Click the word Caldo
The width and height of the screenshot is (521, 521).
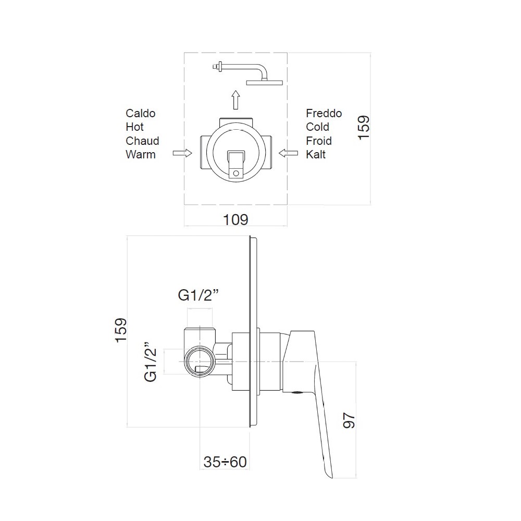pyautogui.click(x=141, y=113)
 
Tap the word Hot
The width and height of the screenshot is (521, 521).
pyautogui.click(x=134, y=127)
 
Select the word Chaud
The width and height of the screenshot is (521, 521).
pyautogui.click(x=142, y=141)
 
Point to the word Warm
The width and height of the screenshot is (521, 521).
pyautogui.click(x=141, y=155)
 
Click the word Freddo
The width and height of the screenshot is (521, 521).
pyautogui.click(x=324, y=113)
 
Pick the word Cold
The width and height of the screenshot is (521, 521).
pyautogui.click(x=317, y=127)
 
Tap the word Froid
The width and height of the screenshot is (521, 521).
pyautogui.click(x=319, y=141)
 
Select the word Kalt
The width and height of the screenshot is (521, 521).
pyautogui.click(x=316, y=155)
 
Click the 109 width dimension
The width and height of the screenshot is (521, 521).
pyautogui.click(x=235, y=220)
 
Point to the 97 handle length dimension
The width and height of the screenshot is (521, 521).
pyautogui.click(x=349, y=420)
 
